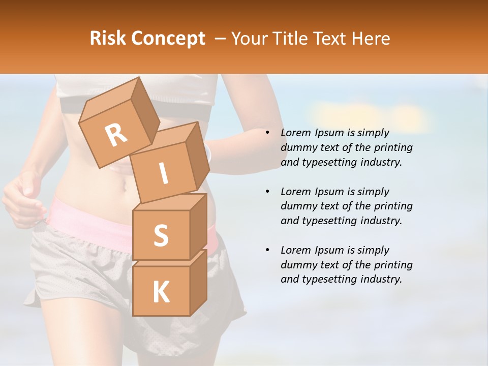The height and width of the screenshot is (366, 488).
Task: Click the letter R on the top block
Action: click(116, 135)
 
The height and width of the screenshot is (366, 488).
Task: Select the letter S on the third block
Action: click(161, 235)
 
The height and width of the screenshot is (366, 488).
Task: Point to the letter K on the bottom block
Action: click(161, 292)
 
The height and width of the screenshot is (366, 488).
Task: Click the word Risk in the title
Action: click(107, 38)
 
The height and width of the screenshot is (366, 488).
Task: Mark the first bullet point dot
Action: click(267, 133)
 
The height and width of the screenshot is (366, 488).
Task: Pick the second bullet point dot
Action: click(267, 192)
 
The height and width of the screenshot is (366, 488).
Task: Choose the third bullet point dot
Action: click(267, 250)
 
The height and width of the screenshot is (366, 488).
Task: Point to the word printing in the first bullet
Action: click(393, 147)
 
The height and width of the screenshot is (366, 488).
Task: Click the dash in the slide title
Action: click(220, 39)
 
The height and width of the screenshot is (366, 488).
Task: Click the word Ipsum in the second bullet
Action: click(329, 192)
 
